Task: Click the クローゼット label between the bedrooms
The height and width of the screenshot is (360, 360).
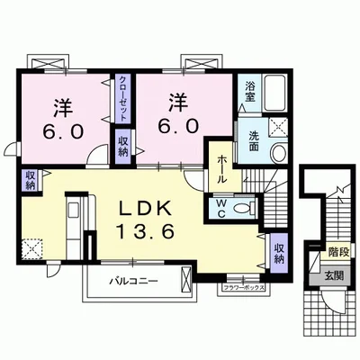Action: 123,101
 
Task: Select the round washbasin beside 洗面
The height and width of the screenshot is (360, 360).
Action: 277,152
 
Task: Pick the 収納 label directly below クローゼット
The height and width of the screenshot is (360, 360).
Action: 122,146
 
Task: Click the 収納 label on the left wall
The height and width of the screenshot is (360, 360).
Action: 30,179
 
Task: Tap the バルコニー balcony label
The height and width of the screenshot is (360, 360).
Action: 135,281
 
